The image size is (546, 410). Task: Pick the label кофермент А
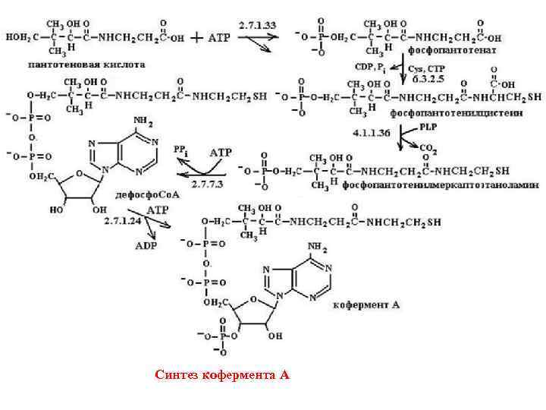point(366,304)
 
